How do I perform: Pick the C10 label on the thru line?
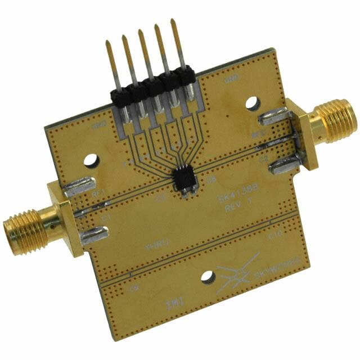276,237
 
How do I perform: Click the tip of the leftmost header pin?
106,43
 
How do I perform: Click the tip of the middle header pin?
140,32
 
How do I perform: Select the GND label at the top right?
232,80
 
